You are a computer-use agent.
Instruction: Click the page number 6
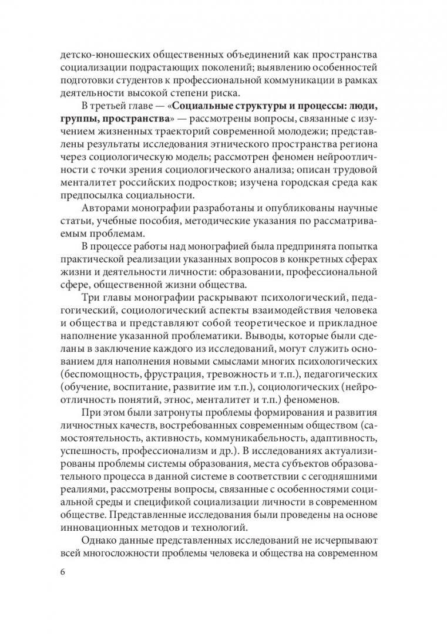point(63,573)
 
